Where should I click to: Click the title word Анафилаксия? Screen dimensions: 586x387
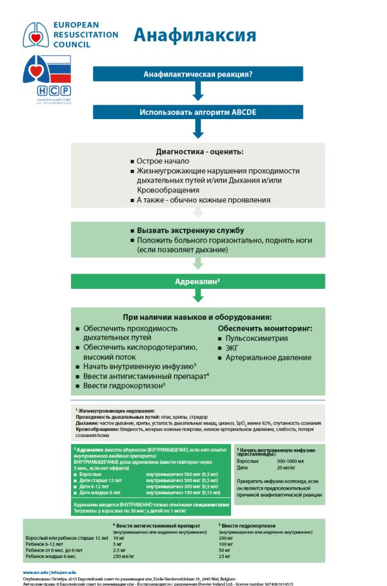(194, 35)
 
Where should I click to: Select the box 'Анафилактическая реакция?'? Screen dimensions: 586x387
(197, 74)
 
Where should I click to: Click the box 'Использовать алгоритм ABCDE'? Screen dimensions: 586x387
(197, 112)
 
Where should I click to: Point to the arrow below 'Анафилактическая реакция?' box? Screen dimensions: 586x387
(197, 92)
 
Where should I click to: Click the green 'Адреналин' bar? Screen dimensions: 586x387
(197, 281)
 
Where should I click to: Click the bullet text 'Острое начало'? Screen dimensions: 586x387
(163, 161)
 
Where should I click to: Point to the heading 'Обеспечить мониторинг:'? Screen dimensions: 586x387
(265, 328)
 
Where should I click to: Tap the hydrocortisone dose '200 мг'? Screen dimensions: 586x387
(226, 537)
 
